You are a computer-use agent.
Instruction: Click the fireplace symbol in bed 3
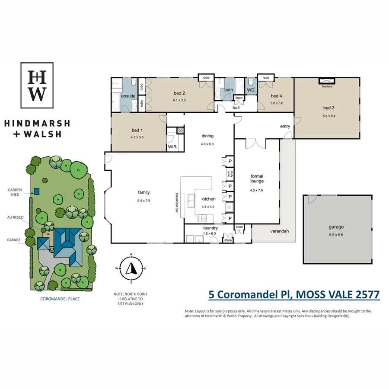[x=327, y=81]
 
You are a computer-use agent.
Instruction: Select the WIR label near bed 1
[x=172, y=147]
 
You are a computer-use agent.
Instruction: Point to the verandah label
[x=280, y=231]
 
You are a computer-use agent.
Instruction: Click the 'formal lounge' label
[x=257, y=179]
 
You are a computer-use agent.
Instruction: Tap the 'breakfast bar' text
[x=177, y=202]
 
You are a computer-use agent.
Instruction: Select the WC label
[x=251, y=90]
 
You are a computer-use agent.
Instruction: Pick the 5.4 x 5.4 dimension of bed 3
[x=329, y=116]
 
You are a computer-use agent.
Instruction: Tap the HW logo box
[x=37, y=85]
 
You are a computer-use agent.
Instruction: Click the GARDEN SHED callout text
[x=15, y=192]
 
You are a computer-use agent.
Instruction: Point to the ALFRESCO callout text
[x=15, y=218]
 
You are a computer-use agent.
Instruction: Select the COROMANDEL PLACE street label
[x=60, y=299]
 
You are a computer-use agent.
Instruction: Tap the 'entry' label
[x=285, y=127]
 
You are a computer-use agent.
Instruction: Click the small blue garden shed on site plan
[x=37, y=191]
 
